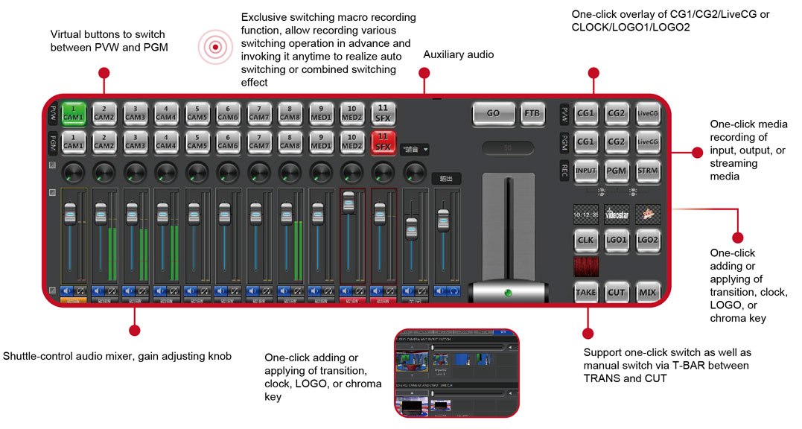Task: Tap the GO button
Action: click(493, 113)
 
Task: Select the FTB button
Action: click(532, 113)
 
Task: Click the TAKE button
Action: click(585, 292)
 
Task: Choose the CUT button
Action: click(617, 292)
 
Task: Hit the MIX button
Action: click(647, 292)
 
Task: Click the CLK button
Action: click(585, 240)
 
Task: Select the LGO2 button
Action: click(647, 240)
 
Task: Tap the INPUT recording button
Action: click(585, 171)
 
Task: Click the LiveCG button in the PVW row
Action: click(647, 113)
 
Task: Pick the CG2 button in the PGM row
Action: click(617, 142)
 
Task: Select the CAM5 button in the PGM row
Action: click(197, 142)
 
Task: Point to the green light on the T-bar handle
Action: click(509, 292)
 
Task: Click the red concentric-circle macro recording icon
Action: click(215, 47)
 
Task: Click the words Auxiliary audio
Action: click(458, 55)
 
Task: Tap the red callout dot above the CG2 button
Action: click(593, 72)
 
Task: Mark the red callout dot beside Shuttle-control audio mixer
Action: click(134, 328)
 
